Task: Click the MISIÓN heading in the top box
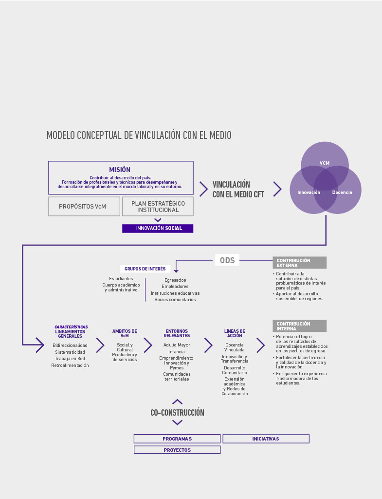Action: [x=120, y=170]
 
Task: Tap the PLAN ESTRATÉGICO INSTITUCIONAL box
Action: [x=158, y=206]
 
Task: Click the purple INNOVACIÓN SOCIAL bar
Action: [x=158, y=228]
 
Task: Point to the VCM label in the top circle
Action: [x=325, y=163]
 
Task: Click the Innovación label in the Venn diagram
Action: [x=309, y=192]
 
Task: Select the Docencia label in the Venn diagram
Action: [x=342, y=192]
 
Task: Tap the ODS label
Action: [x=227, y=260]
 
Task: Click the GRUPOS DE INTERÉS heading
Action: [x=145, y=269]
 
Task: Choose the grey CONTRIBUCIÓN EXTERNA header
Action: [x=299, y=263]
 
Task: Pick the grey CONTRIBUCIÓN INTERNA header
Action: [x=299, y=326]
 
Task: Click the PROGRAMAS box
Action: [x=177, y=439]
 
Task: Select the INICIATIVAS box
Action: [x=266, y=439]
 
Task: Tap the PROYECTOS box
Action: [x=177, y=450]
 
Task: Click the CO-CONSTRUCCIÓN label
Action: [x=177, y=412]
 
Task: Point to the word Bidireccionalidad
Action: [x=70, y=345]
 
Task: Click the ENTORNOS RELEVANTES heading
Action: [x=177, y=333]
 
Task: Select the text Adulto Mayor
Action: [x=177, y=345]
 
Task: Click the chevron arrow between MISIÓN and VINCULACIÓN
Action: [x=203, y=189]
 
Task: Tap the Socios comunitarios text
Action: [x=175, y=300]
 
